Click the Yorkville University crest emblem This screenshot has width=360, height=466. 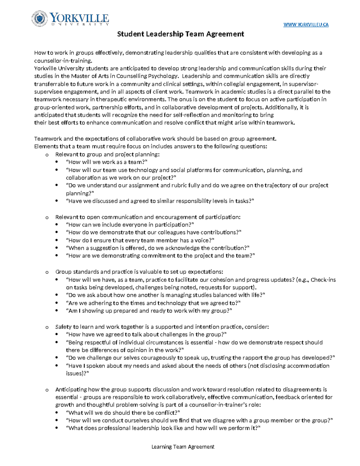click(40, 19)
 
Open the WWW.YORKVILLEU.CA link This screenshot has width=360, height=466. click(306, 25)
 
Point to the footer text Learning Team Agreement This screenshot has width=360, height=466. click(183, 447)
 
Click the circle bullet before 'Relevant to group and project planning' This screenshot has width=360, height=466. click(46, 155)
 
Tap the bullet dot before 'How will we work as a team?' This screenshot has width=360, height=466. click(57, 162)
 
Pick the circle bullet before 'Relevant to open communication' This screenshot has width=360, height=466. click(46, 218)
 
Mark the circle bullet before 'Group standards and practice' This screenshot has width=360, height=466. click(46, 272)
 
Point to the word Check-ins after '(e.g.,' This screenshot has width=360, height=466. click(323, 280)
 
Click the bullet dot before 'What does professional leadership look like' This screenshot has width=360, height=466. click(57, 428)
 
